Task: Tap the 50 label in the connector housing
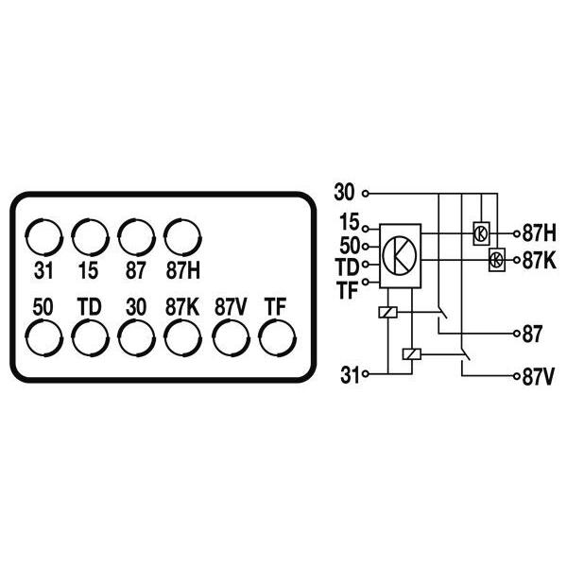pos(43,307)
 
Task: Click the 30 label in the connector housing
pos(136,307)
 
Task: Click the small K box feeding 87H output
pos(482,233)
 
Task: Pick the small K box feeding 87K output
pos(497,260)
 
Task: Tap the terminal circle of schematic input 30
pos(366,194)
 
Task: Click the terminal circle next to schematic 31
pos(366,374)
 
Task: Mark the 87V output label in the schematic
pos(538,377)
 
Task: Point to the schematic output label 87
pos(532,334)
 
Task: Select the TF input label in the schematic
pos(347,289)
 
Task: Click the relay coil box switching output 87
pos(387,312)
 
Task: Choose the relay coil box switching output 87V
pos(411,354)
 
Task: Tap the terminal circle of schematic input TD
pos(366,265)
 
